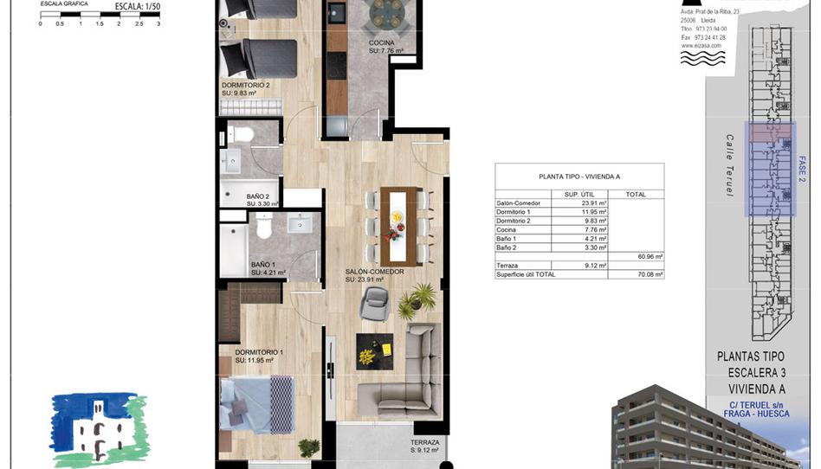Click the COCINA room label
tap(383, 42)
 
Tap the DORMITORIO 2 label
tap(246, 85)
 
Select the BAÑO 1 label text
tap(263, 265)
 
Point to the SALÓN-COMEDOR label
tap(375, 272)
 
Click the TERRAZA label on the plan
tap(425, 442)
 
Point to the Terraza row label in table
tap(509, 265)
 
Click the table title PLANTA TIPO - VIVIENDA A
tap(579, 176)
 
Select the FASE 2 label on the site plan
tap(801, 165)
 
